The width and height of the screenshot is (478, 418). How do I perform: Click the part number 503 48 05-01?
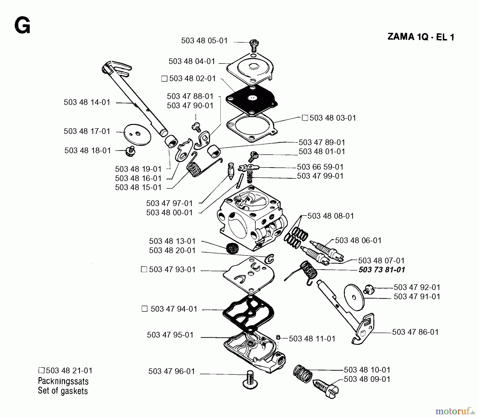(204, 41)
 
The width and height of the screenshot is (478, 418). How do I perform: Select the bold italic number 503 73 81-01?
(382, 270)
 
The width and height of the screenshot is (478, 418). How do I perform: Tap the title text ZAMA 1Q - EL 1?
(421, 37)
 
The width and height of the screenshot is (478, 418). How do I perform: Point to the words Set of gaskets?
(63, 391)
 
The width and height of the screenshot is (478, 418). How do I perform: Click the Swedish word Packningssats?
(63, 381)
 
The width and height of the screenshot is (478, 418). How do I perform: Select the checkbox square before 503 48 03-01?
(305, 118)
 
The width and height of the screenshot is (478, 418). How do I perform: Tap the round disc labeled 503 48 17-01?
(138, 135)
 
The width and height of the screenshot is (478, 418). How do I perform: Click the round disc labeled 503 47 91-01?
(354, 297)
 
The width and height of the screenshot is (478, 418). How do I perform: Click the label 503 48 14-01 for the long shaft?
(87, 102)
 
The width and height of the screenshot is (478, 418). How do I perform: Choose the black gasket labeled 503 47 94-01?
(248, 313)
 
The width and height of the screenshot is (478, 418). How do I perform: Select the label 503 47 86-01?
(415, 332)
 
